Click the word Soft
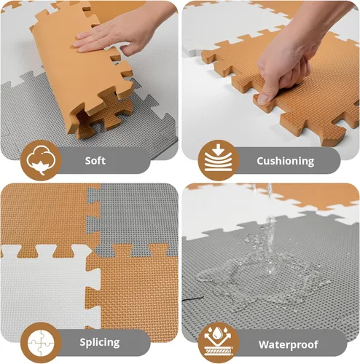95,160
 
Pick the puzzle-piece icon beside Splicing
39,340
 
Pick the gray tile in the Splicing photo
138,215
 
